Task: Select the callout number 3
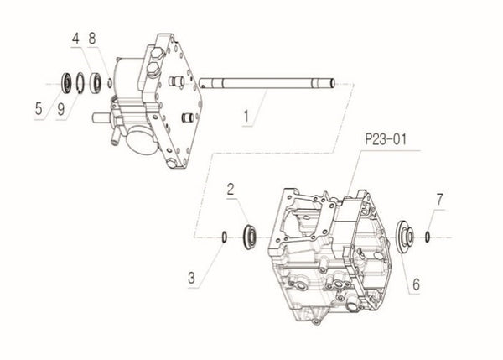193,275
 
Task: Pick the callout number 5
39,107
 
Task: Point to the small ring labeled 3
224,236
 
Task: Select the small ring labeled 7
428,236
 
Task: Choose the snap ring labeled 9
80,82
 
